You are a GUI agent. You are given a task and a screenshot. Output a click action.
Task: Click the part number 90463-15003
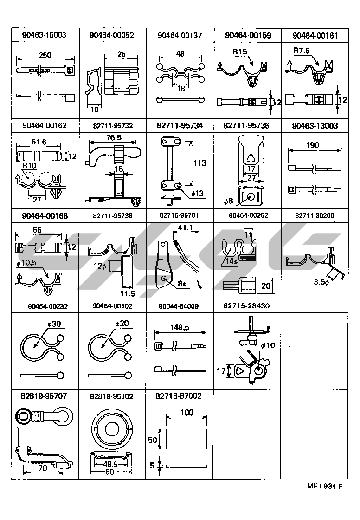click(45, 35)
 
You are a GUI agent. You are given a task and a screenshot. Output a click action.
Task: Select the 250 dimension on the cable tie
click(45, 55)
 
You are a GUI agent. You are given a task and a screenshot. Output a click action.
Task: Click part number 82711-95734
click(180, 125)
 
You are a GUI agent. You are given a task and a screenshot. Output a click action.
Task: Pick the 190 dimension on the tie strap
click(313, 145)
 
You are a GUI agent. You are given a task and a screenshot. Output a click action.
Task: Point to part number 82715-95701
click(179, 215)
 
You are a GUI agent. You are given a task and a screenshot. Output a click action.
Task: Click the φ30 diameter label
click(54, 323)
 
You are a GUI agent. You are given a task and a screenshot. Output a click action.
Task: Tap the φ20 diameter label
click(122, 323)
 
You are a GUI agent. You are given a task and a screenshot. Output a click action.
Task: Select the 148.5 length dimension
click(180, 327)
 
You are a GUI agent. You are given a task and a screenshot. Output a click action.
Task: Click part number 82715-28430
click(246, 305)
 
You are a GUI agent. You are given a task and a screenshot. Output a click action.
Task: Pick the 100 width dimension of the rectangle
click(186, 412)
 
